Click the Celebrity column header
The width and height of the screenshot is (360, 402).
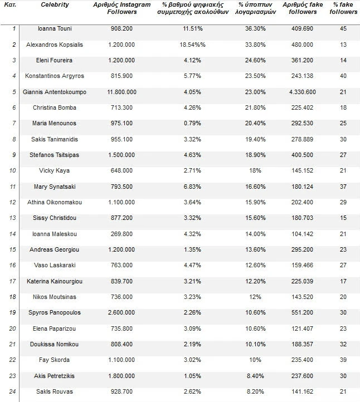click(x=55, y=4)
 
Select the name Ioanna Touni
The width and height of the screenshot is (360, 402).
click(x=55, y=28)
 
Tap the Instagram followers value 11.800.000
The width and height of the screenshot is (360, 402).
click(x=121, y=92)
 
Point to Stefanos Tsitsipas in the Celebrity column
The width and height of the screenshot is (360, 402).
click(x=55, y=155)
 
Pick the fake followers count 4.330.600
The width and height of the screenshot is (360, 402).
click(x=303, y=92)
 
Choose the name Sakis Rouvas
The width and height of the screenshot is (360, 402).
click(x=55, y=392)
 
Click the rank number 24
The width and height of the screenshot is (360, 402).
click(x=13, y=392)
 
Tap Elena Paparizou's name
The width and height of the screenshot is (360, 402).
click(x=55, y=329)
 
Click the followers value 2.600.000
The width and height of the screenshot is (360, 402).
click(x=121, y=313)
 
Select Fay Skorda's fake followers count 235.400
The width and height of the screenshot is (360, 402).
click(x=303, y=360)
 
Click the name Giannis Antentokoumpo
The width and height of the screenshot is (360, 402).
click(x=55, y=92)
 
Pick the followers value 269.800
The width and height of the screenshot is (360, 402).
click(x=121, y=234)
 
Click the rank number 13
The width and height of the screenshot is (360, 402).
click(x=13, y=218)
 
